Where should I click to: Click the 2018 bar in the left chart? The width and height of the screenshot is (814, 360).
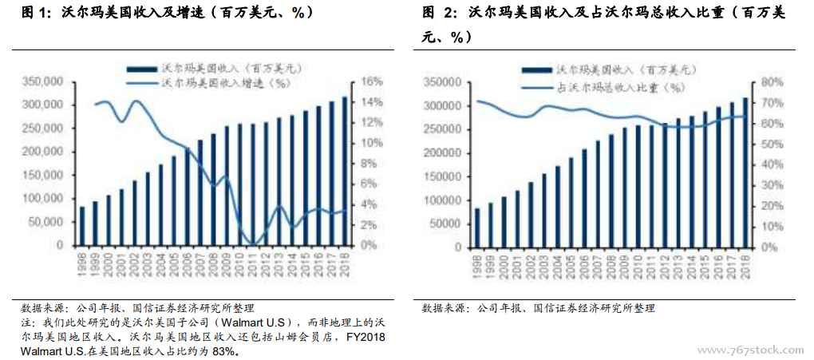point(344,171)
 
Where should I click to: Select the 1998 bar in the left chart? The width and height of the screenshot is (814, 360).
point(82,226)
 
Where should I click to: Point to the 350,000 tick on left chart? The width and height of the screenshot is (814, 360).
point(43,81)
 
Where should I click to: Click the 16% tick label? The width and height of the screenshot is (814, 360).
point(373,81)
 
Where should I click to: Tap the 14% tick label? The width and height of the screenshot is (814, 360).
point(373,102)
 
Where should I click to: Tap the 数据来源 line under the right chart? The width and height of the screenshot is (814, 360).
point(539,308)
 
